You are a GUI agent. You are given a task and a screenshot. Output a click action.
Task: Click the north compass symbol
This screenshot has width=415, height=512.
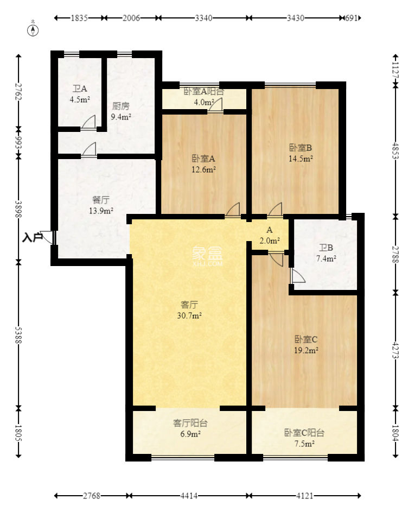(x=34, y=29)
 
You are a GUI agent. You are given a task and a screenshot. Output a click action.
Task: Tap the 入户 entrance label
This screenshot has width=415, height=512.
(x=32, y=237)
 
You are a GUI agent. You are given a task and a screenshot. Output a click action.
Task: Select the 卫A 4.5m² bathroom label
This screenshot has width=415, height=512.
(x=80, y=94)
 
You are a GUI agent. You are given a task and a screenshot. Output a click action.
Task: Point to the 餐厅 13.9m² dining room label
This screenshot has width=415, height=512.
(x=101, y=205)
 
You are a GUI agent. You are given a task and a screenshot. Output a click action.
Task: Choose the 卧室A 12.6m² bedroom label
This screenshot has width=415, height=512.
(x=203, y=164)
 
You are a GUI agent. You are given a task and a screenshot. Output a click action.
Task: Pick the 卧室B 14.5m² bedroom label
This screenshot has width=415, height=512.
(x=301, y=153)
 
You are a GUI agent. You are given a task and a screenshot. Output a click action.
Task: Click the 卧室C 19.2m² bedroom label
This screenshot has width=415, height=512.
(x=306, y=345)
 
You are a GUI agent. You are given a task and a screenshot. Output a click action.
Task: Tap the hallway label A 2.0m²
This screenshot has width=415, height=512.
(x=270, y=235)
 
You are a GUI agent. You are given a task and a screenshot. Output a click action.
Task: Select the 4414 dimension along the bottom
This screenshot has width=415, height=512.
(x=190, y=496)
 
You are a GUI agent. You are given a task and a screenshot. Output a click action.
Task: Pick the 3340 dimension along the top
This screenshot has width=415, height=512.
(x=203, y=18)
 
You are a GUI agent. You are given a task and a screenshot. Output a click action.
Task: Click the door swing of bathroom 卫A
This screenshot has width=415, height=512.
(x=88, y=122)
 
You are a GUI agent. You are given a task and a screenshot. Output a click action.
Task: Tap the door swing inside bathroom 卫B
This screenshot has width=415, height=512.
(x=297, y=276)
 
